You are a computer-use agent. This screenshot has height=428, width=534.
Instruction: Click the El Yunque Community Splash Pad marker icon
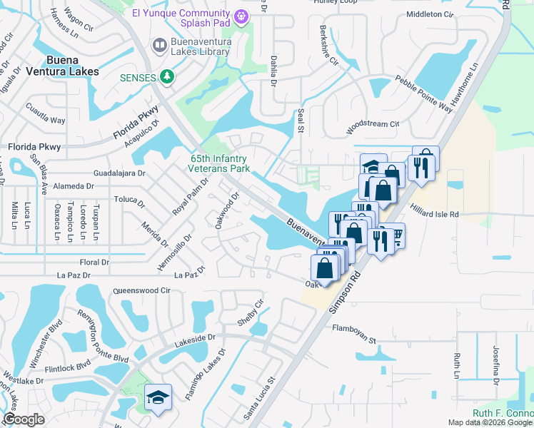(x=242, y=15)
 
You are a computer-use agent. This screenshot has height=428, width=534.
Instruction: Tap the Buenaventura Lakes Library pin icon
(x=160, y=46)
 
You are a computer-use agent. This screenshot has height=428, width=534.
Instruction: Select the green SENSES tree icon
(x=168, y=76)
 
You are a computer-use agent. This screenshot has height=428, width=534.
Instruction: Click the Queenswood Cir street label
(x=142, y=291)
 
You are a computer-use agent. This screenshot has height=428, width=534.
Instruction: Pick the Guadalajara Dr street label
(x=119, y=173)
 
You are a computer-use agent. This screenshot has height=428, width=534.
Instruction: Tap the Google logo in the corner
(x=24, y=419)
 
